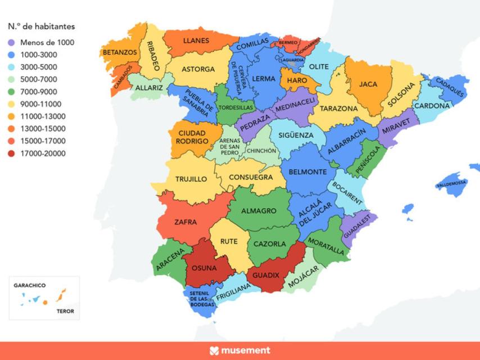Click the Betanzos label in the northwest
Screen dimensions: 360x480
[x=119, y=52]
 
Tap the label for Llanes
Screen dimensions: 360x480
[x=196, y=40]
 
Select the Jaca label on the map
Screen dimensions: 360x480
[x=368, y=84]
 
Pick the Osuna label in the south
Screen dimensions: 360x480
[x=204, y=268]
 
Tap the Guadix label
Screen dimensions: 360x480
[x=266, y=275]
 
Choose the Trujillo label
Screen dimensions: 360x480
[x=191, y=179]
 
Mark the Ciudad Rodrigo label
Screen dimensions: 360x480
[x=192, y=137]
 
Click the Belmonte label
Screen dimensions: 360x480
[x=307, y=172]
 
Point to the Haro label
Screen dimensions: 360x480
[x=297, y=80]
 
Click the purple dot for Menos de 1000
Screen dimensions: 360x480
[x=11, y=42]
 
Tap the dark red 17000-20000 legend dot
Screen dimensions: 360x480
[x=11, y=154]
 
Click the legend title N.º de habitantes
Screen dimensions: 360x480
[x=41, y=26]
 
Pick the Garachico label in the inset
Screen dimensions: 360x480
[x=29, y=285]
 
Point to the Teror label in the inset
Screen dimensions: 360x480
[x=65, y=311]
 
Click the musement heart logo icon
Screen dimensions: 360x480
[x=214, y=350]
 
